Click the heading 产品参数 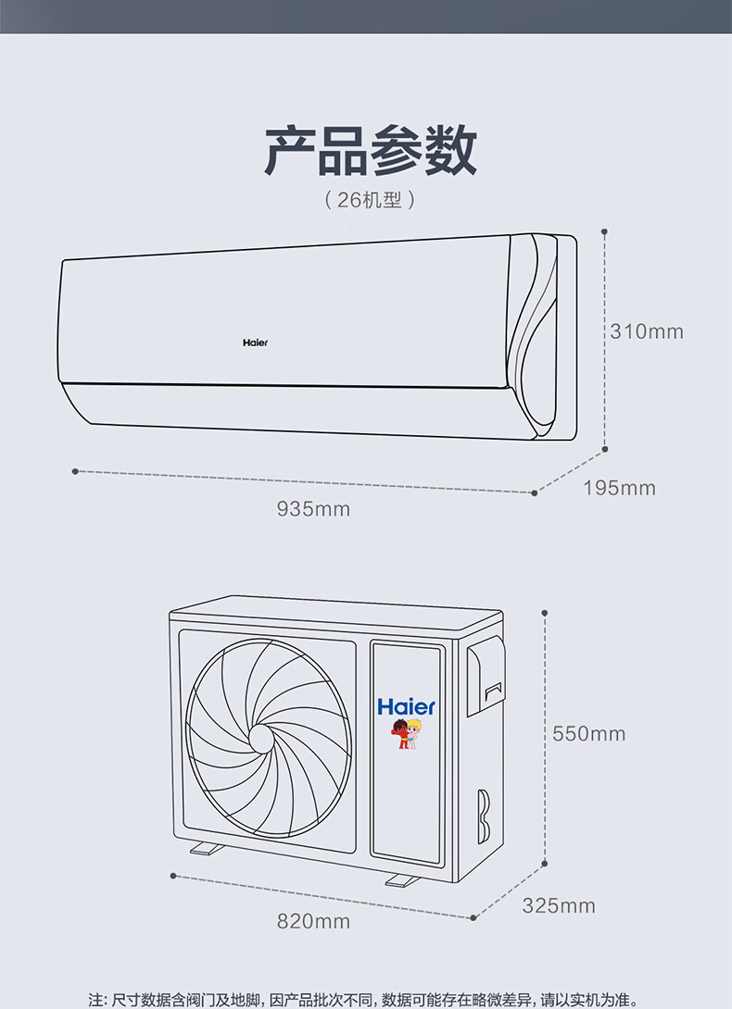[x=370, y=152]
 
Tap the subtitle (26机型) [x=370, y=199]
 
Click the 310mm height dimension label [x=646, y=331]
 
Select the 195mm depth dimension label [x=619, y=488]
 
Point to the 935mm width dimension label [x=313, y=508]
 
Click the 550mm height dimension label [x=588, y=734]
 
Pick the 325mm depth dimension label [x=558, y=905]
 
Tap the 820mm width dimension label [x=313, y=921]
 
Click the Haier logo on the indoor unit [x=255, y=343]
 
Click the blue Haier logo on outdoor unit [x=406, y=707]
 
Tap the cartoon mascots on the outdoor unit [x=406, y=734]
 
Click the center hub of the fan [x=260, y=738]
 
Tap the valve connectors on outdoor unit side [x=484, y=815]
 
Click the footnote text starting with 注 [x=364, y=999]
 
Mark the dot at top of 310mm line [x=604, y=231]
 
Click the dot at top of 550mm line [x=545, y=614]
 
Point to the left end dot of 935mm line [x=74, y=471]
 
